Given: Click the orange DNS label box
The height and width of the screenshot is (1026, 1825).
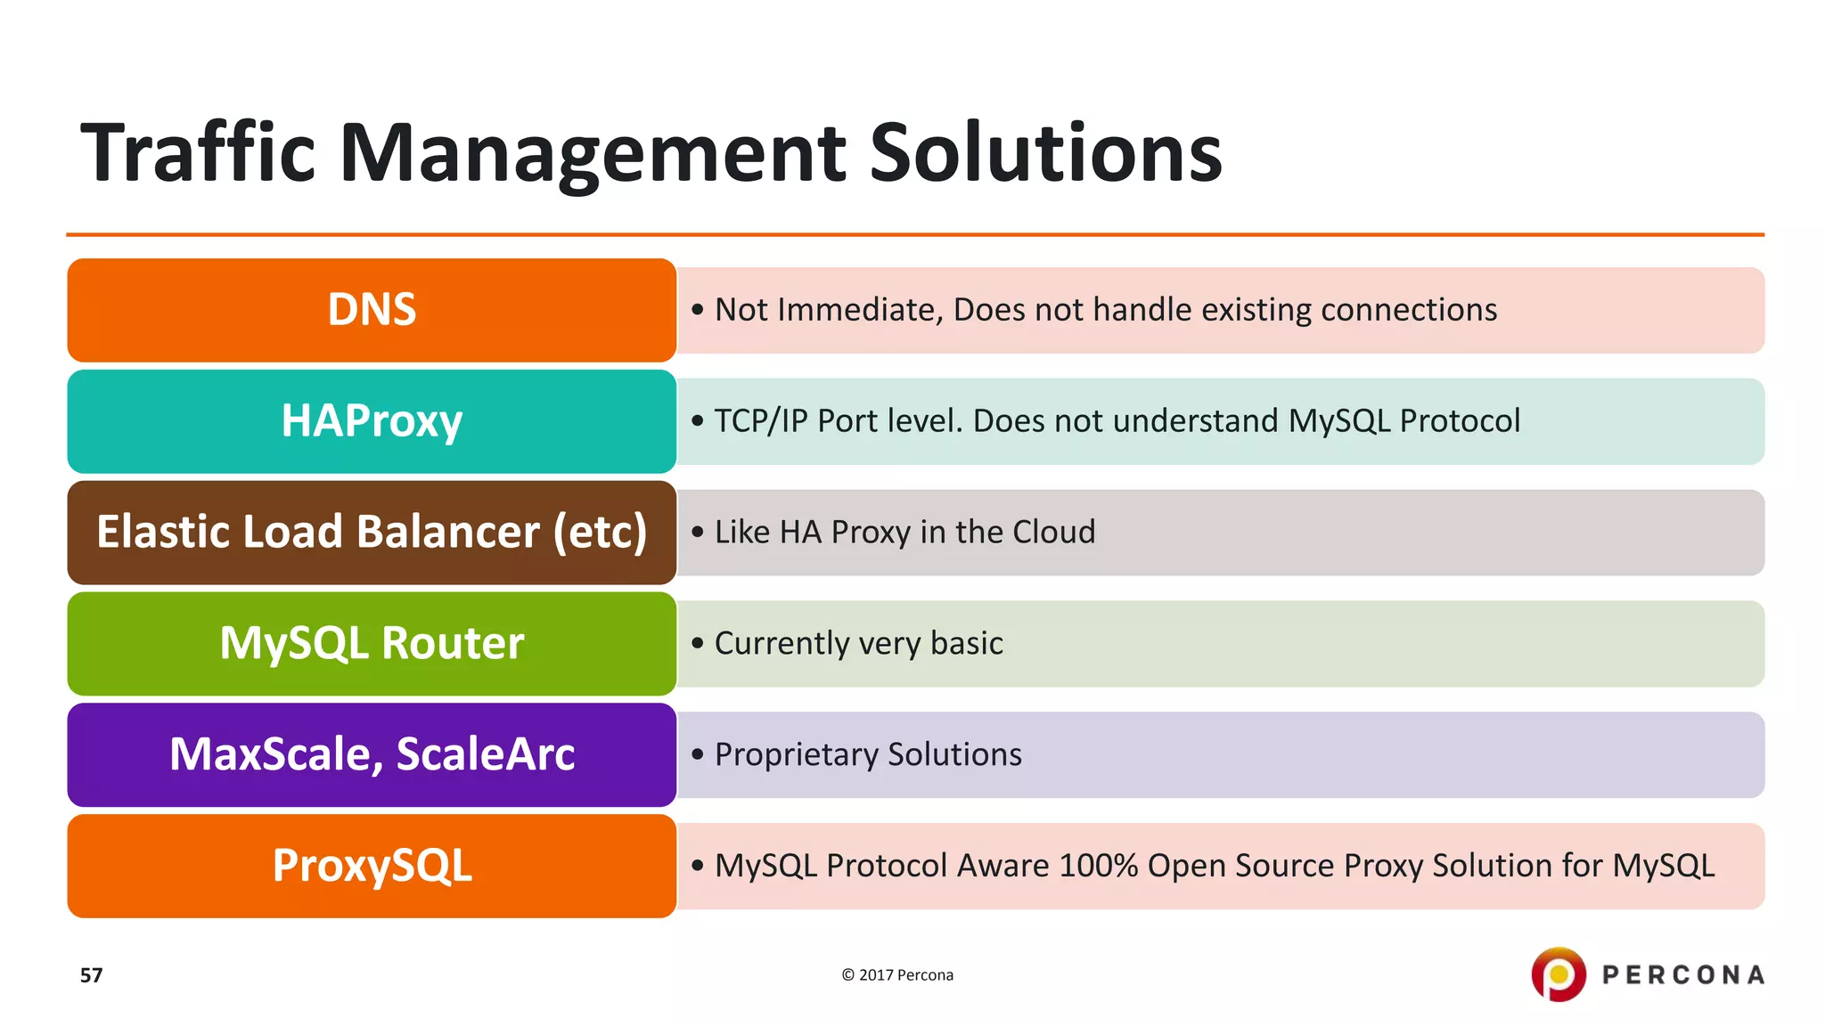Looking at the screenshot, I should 372,310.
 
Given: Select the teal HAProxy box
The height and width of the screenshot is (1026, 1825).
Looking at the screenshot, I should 372,421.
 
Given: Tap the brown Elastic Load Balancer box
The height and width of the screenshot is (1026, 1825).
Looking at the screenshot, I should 372,533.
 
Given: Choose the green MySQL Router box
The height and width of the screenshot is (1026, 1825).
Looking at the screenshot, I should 372,644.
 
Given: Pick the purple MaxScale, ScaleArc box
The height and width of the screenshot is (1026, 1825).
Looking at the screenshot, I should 372,754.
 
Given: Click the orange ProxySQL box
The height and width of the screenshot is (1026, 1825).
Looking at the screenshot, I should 372,866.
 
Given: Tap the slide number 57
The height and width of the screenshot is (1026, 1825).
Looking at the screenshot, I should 91,975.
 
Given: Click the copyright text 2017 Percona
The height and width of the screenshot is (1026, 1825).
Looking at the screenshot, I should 897,975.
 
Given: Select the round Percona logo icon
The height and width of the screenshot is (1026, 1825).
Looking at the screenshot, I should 1558,974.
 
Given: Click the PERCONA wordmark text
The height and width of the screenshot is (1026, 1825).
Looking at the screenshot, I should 1683,975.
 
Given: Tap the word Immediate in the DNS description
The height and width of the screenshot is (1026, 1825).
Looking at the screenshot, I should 851,310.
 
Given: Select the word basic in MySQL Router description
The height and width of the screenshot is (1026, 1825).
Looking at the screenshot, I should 966,643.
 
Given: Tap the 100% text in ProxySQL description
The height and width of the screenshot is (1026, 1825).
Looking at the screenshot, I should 1098,866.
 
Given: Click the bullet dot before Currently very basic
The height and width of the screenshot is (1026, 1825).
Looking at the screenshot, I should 698,643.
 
